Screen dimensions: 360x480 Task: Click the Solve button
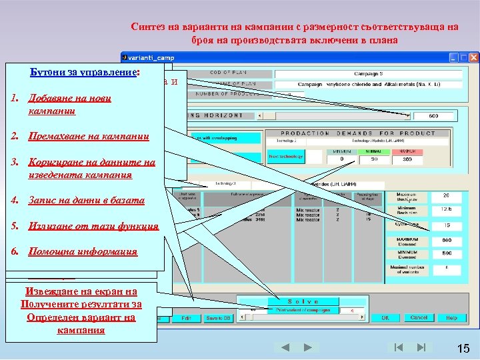[303, 301]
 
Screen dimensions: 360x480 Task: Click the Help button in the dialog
[452, 318]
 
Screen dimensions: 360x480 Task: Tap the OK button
[385, 318]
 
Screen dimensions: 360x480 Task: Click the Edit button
[186, 318]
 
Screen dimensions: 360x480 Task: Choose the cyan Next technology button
[285, 157]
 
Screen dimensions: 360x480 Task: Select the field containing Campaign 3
[377, 74]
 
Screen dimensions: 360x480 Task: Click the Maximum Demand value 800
[446, 239]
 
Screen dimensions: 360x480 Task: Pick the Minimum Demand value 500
[446, 253]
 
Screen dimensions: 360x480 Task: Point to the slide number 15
[463, 349]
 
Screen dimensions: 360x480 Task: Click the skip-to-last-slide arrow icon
[421, 347]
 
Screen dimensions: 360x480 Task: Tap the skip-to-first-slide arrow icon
[398, 347]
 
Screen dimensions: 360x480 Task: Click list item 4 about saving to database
[86, 200]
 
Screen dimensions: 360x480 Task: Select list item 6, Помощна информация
[83, 251]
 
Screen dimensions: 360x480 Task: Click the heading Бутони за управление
[84, 73]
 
